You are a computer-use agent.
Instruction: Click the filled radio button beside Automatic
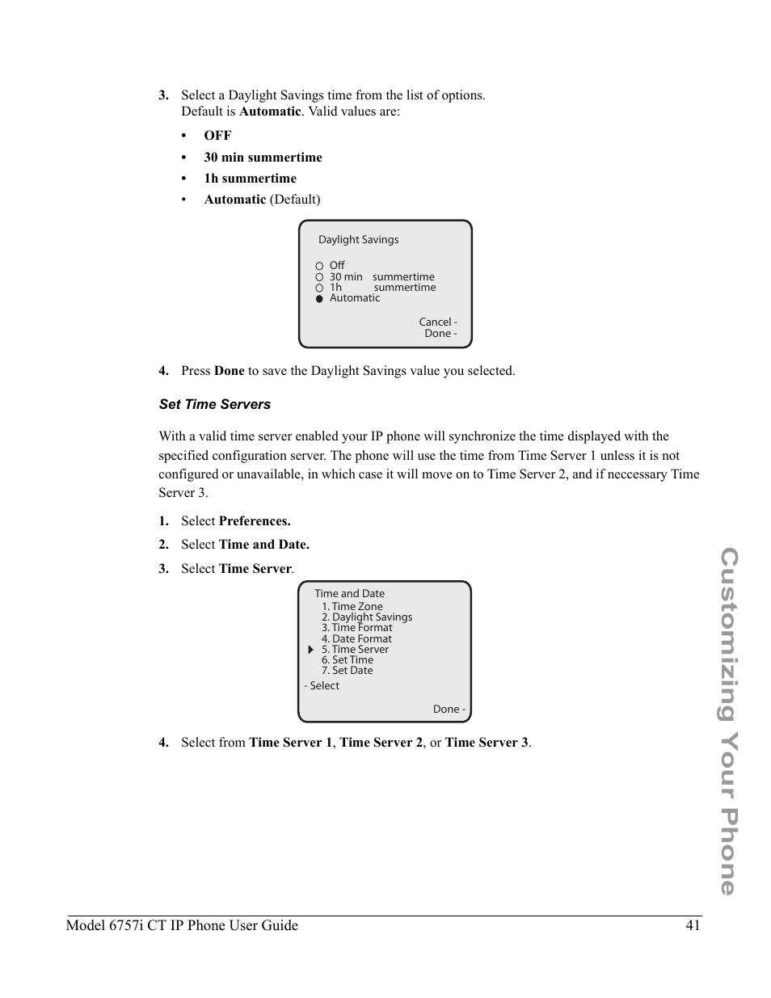[319, 298]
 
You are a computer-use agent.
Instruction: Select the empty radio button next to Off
[319, 266]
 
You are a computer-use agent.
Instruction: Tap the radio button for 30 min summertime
[319, 277]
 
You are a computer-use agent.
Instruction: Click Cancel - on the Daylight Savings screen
[437, 322]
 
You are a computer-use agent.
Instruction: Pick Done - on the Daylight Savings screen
[440, 333]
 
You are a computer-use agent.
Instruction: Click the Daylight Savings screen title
[358, 239]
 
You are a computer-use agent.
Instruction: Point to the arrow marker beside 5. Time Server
[310, 650]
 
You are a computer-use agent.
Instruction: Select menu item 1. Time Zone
[352, 606]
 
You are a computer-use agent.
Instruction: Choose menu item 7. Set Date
[347, 670]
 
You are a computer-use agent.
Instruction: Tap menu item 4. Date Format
[356, 638]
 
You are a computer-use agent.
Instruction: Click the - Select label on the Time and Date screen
[322, 685]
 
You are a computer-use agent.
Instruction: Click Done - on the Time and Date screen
[449, 709]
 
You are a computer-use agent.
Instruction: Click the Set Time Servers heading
[215, 404]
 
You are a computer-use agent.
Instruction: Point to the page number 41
[693, 925]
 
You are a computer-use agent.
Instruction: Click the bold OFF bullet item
[217, 135]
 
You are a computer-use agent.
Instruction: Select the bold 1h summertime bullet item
[250, 178]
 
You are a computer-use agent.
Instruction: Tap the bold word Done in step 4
[229, 370]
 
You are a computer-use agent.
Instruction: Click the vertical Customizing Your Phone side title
[729, 721]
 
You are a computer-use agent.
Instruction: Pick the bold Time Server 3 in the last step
[487, 742]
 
